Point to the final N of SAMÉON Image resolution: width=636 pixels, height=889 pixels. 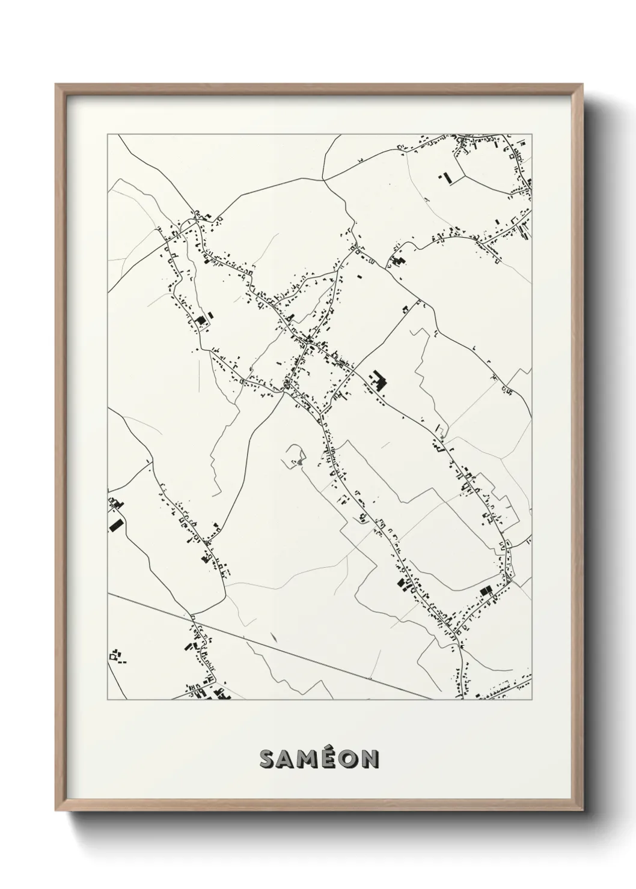(x=368, y=759)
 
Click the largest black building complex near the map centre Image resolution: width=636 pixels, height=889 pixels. (x=379, y=381)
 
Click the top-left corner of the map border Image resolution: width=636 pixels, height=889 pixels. (x=108, y=135)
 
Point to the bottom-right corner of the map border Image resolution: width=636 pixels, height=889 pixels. (x=533, y=700)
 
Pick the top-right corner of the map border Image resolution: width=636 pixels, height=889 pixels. (x=533, y=135)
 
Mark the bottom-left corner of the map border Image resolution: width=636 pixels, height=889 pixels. (x=108, y=700)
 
